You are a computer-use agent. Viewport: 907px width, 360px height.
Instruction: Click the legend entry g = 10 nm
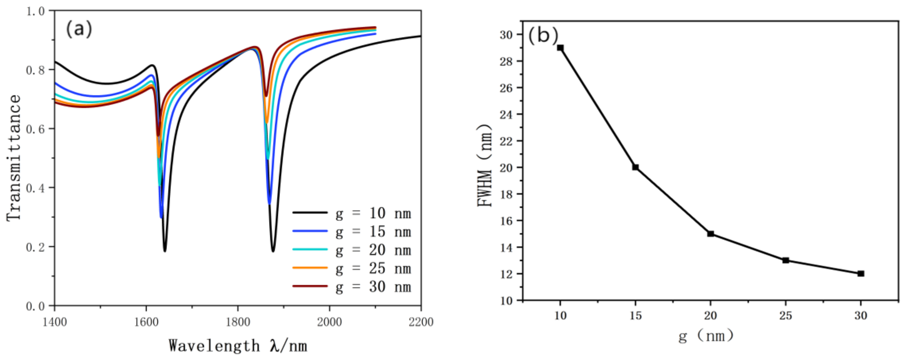click(x=352, y=213)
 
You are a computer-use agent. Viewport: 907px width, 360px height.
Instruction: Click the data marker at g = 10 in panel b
click(x=560, y=48)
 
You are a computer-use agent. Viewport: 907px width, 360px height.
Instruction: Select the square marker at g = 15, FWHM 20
click(x=635, y=167)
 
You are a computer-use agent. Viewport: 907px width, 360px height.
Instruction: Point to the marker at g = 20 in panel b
click(x=711, y=234)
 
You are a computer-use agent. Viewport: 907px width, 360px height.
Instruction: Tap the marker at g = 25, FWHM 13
click(x=785, y=260)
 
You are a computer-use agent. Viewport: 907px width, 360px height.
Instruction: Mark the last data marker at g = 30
click(x=861, y=273)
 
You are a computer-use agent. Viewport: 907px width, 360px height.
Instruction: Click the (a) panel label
click(x=79, y=29)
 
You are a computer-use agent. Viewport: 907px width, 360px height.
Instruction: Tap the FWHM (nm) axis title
click(x=484, y=165)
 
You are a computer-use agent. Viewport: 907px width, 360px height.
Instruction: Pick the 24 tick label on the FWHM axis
click(x=506, y=114)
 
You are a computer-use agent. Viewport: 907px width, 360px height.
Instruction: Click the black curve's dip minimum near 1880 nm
click(x=273, y=250)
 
